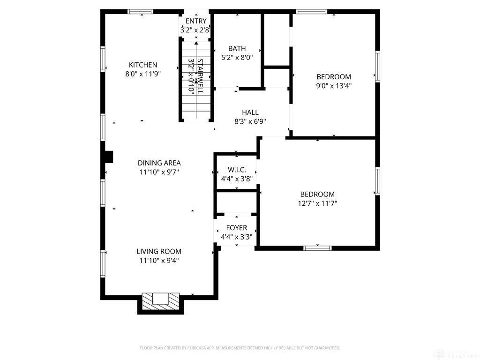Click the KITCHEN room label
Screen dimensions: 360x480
[143, 65]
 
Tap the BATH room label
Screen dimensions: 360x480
[237, 49]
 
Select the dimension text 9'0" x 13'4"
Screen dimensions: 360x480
[333, 86]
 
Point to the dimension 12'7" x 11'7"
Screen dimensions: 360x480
[317, 203]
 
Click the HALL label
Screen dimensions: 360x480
[250, 112]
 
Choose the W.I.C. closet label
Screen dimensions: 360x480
[237, 170]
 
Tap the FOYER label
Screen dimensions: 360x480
[236, 228]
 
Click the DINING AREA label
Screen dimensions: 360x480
[159, 163]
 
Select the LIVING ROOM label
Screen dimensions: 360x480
[159, 252]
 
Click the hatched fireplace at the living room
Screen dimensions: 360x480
[160, 300]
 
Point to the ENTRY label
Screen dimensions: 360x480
[195, 21]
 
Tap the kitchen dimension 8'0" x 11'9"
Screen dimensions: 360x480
[143, 74]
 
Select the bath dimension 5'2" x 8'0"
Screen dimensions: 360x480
[237, 58]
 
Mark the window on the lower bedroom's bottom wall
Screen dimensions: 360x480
[317, 248]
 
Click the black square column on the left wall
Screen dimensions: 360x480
[108, 157]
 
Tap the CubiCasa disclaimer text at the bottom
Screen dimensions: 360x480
[240, 348]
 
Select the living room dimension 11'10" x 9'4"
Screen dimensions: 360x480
[159, 261]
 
